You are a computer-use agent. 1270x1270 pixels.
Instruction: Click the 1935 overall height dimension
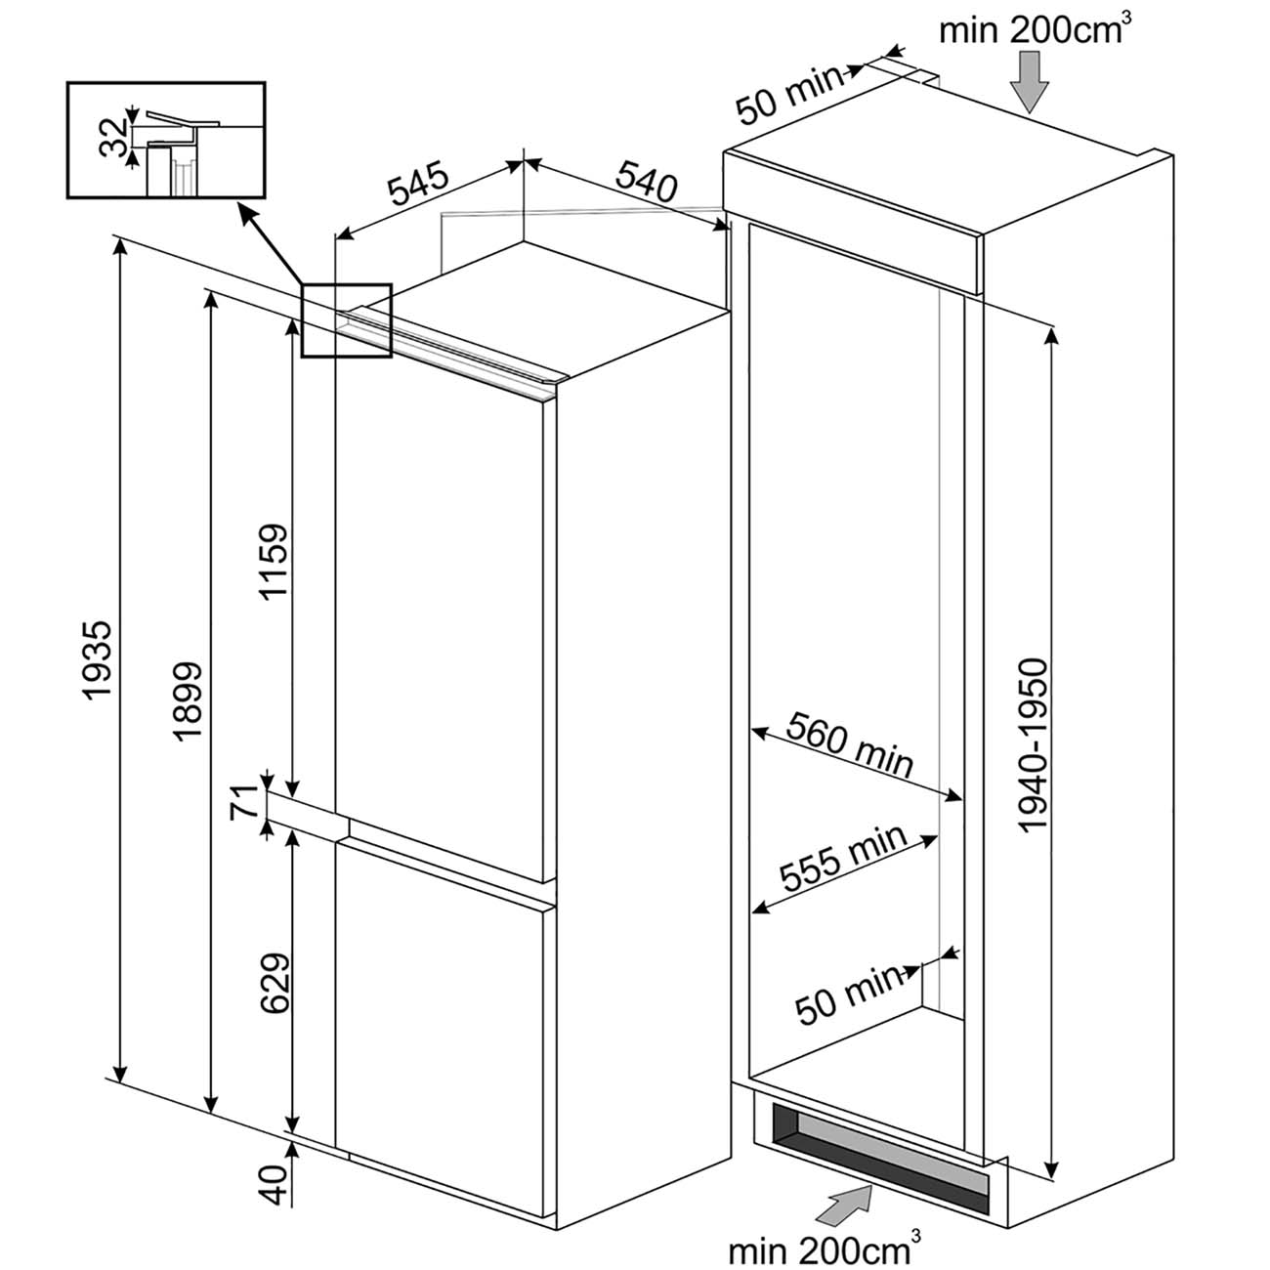[99, 660]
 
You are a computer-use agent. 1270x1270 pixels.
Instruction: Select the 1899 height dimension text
[186, 701]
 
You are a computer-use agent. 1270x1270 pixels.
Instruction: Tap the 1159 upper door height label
[275, 565]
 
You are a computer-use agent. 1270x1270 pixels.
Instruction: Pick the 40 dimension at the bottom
[275, 1186]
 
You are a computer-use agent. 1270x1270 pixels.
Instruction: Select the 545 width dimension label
[418, 188]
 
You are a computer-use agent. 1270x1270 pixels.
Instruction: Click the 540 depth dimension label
[646, 182]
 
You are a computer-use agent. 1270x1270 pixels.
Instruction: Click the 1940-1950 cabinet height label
[1032, 745]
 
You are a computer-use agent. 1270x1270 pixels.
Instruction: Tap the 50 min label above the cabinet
[787, 94]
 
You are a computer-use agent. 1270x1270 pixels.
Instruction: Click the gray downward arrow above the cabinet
[1029, 80]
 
